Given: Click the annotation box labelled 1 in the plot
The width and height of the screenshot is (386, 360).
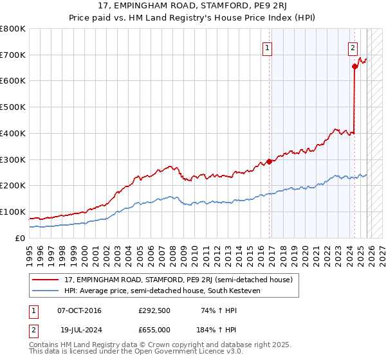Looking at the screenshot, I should pos(266,47).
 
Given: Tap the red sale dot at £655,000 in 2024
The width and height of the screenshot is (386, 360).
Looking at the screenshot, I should pos(354,66).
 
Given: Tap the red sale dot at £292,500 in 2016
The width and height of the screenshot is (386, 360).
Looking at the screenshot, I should pos(270,161).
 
